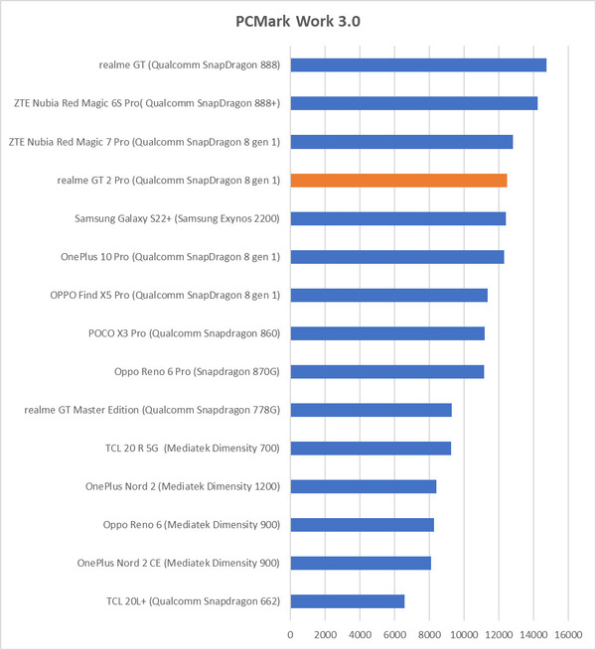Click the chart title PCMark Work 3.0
tap(298, 21)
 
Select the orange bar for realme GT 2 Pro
tap(398, 180)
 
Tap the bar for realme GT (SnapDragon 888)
tap(418, 65)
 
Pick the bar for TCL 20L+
tap(348, 600)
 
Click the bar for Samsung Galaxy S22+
tap(398, 218)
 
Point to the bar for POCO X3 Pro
tap(387, 333)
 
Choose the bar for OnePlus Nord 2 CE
tap(361, 563)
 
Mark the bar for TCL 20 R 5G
tap(371, 448)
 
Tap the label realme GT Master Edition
tap(152, 410)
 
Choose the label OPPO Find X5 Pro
tap(165, 295)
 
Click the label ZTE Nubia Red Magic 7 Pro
tap(144, 142)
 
